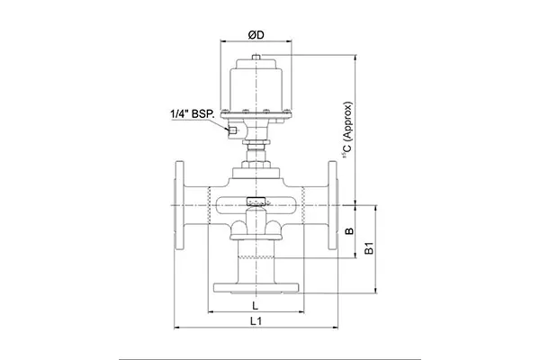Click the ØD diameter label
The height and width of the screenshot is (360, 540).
[256, 35]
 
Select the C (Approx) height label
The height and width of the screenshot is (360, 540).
[346, 125]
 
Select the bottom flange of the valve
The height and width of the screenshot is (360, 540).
[256, 289]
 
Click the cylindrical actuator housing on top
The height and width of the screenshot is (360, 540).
[256, 85]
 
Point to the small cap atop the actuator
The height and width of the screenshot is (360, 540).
[256, 60]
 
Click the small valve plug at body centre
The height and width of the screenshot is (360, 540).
[256, 202]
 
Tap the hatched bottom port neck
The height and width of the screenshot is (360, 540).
[256, 267]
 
